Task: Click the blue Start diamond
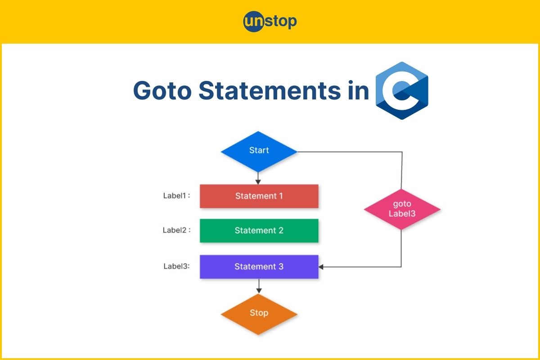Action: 259,152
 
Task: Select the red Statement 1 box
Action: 259,196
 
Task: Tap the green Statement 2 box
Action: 259,230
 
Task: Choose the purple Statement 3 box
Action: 259,267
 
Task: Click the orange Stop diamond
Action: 259,314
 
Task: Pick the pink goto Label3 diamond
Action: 402,209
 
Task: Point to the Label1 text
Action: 176,196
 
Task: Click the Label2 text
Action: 176,230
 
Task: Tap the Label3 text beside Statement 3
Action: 176,266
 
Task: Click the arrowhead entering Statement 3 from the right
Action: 321,267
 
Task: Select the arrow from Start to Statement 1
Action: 258,179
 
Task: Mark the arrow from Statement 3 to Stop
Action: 259,286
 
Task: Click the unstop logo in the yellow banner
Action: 270,22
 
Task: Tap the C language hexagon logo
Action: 402,90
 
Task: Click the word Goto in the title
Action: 162,90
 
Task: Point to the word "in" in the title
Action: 359,90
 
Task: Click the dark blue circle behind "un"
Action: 253,22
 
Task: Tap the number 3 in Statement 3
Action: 281,266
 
